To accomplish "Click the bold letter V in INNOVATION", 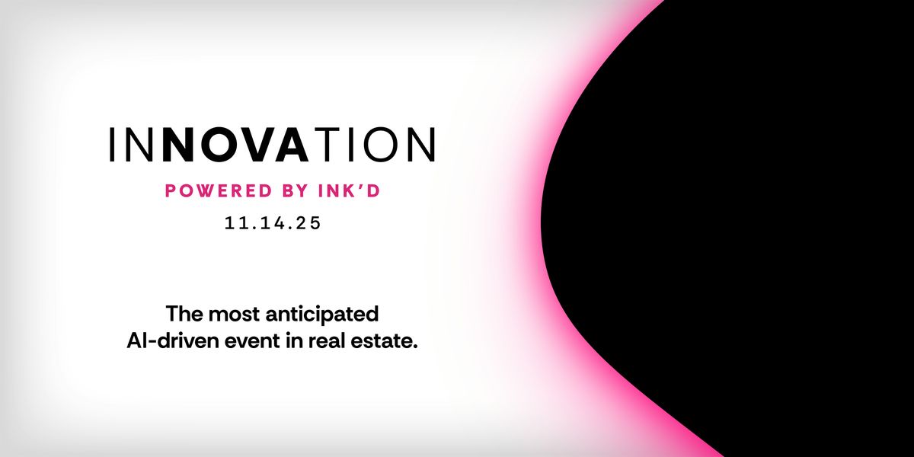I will (256, 145).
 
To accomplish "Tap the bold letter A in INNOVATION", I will (292, 145).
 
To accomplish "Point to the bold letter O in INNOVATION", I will (218, 145).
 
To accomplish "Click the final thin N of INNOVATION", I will (420, 145).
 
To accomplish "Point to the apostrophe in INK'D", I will (361, 187).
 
